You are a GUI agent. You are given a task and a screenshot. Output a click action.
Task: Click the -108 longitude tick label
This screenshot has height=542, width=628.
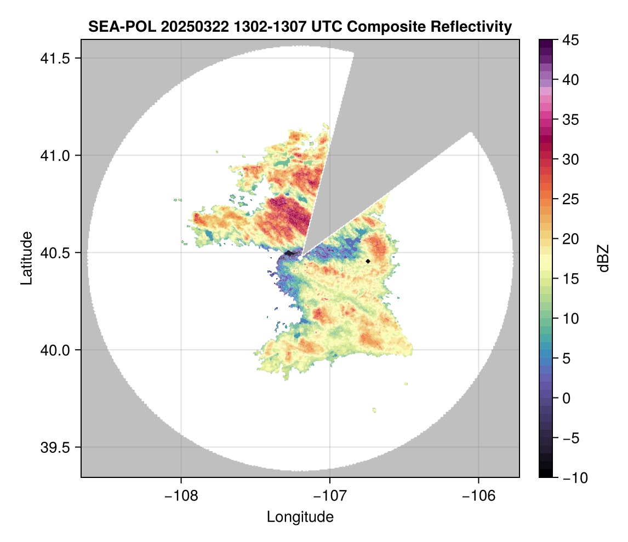tap(181, 495)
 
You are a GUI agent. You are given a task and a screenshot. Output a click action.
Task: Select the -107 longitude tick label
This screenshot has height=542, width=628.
tap(330, 495)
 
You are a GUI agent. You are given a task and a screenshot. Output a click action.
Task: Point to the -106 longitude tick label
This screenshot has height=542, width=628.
tap(479, 495)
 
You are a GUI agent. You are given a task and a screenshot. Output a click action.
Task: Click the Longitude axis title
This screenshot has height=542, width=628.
tap(300, 516)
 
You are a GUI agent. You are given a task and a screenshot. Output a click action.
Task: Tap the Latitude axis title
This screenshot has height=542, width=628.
tap(26, 257)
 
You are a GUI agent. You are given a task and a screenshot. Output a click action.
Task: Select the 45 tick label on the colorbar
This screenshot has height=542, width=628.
tap(568, 40)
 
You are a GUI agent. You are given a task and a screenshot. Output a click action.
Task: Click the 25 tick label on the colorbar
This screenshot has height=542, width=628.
tap(568, 199)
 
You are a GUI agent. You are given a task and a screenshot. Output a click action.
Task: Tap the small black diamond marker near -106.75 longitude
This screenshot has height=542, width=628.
tap(368, 261)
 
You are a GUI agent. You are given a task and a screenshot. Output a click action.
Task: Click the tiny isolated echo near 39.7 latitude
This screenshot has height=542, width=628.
tap(374, 410)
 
